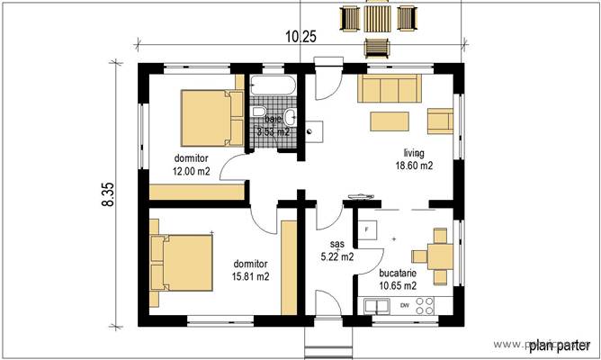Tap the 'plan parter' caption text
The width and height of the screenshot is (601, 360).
click(x=559, y=345)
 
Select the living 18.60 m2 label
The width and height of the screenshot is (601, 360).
click(x=414, y=159)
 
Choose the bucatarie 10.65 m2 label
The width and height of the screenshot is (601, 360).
click(x=397, y=278)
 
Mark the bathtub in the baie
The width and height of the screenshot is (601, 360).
click(x=273, y=86)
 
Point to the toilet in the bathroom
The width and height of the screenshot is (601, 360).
click(x=259, y=112)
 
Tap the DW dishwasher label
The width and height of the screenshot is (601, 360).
click(x=405, y=306)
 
